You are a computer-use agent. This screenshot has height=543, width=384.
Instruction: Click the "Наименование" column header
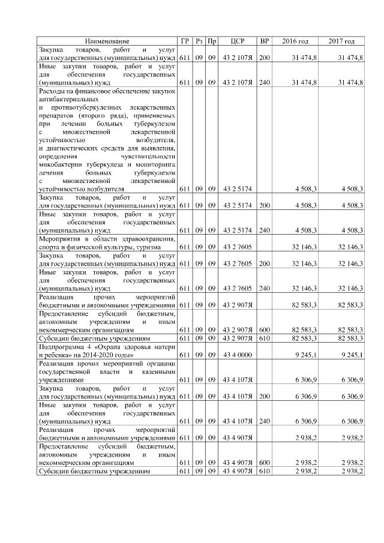(107, 41)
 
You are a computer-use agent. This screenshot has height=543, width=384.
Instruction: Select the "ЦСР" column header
(237, 41)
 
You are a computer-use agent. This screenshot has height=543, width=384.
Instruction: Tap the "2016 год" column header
(295, 41)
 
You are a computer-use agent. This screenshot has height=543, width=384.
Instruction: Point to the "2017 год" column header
(341, 41)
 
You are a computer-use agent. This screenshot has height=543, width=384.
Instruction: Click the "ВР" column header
(264, 41)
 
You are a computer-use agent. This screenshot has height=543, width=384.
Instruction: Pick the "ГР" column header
(185, 41)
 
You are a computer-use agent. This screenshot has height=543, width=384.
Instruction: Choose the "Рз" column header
(199, 41)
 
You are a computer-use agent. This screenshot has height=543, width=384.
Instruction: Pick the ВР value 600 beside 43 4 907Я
(264, 463)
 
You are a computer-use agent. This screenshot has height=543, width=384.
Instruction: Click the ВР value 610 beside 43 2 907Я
(264, 338)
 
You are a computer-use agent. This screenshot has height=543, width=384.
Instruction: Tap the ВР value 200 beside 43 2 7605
(264, 263)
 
